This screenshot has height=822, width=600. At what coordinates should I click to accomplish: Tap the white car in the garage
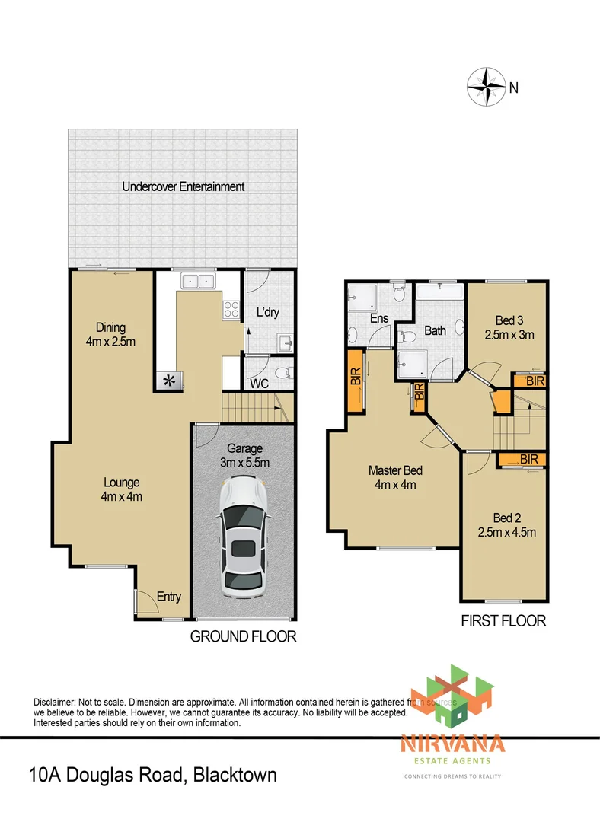[x=244, y=537]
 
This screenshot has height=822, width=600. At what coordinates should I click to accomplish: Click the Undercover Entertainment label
[x=184, y=186]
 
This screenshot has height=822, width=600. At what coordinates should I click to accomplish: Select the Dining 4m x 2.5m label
[x=110, y=335]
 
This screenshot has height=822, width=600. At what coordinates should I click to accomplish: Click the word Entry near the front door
[x=169, y=597]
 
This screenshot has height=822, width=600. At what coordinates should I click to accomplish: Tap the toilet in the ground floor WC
[x=281, y=372]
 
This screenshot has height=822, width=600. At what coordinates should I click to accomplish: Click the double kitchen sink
[x=197, y=282]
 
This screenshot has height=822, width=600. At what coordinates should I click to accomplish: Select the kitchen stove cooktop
[x=229, y=309]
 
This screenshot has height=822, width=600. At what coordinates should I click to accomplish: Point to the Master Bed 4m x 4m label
[x=395, y=478]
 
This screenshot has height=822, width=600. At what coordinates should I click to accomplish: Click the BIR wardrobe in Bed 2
[x=522, y=460]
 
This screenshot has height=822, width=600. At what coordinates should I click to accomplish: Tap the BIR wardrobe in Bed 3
[x=529, y=381]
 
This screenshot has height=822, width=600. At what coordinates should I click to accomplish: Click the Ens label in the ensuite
[x=378, y=320]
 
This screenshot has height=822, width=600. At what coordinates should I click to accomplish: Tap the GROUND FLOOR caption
[x=243, y=636]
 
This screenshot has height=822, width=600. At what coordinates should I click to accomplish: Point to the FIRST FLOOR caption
[x=503, y=620]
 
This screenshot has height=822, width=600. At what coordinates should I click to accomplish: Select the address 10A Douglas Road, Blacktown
[x=152, y=776]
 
